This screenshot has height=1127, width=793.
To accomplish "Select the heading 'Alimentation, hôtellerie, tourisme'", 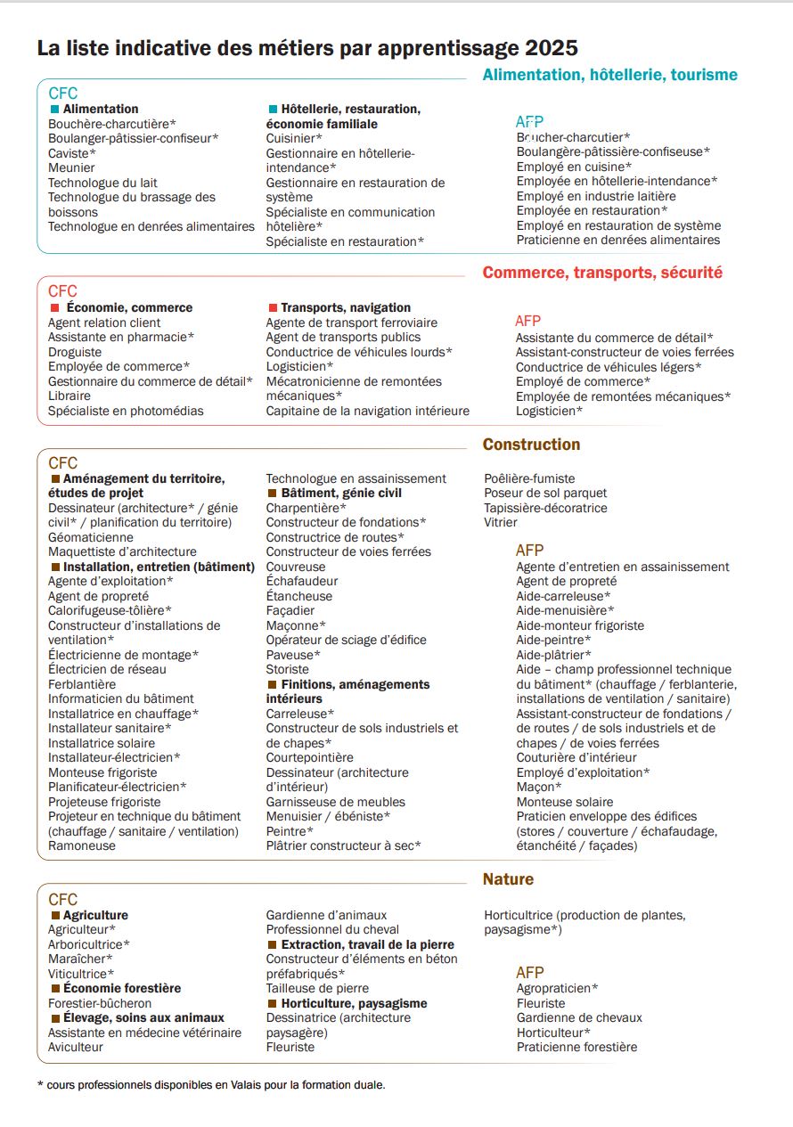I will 609,75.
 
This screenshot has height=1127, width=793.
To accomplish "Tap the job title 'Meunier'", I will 71,167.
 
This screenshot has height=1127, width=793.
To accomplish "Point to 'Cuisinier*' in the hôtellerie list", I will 294,138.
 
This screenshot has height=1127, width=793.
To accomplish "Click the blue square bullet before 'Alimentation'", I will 54,109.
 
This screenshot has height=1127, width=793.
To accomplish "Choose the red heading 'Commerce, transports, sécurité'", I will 602,273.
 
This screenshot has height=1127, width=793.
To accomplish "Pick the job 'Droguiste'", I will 75,352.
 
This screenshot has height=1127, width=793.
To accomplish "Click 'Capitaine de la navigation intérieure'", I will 367,411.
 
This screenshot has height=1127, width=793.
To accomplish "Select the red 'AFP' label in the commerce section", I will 528,321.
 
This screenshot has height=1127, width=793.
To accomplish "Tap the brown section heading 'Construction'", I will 531,445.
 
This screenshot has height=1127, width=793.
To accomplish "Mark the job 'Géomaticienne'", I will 91,537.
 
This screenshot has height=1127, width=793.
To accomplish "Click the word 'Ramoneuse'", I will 82,845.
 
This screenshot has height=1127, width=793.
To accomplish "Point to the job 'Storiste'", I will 288,669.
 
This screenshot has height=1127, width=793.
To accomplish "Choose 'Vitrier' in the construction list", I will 501,522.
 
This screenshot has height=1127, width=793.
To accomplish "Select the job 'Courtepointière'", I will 309,757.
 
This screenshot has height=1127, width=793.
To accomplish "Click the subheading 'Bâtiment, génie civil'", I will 341,493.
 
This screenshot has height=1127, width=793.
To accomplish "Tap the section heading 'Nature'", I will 508,879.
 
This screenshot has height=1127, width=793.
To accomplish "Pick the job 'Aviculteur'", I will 76,1047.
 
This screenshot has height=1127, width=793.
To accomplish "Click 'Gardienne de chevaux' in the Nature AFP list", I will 579,1017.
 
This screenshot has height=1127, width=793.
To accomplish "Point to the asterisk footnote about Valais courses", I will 211,1085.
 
